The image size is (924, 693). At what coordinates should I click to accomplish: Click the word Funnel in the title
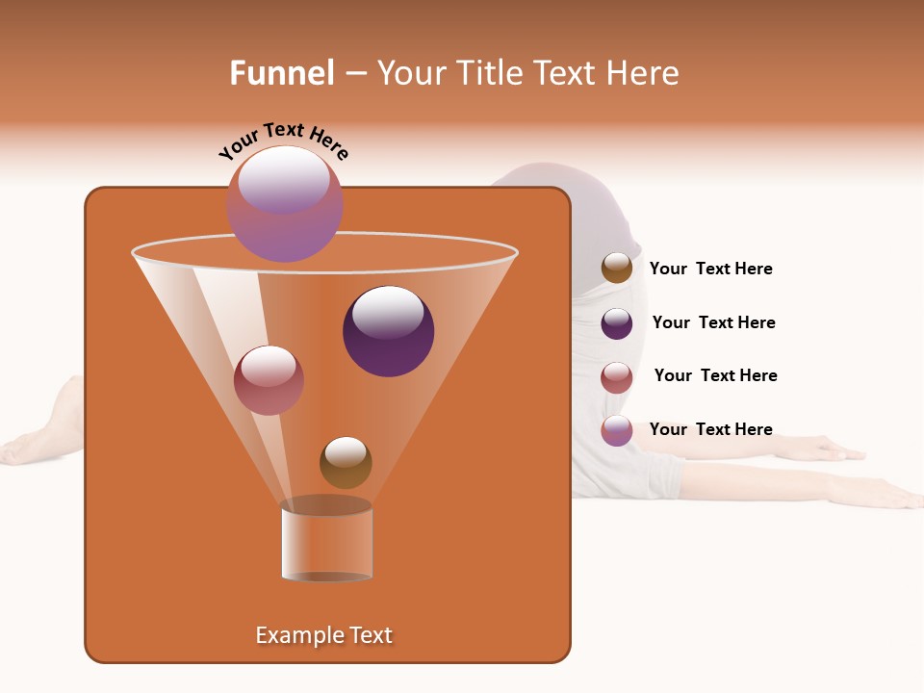[x=281, y=73]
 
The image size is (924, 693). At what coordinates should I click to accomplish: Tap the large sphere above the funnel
[x=284, y=203]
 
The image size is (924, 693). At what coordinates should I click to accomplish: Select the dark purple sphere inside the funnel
[x=388, y=331]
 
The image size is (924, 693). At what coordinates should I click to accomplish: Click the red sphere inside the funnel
[x=269, y=380]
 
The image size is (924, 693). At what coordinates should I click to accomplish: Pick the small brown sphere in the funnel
[x=346, y=463]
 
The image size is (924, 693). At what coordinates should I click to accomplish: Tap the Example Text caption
[x=323, y=635]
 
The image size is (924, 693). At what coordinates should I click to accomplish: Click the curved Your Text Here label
[x=283, y=141]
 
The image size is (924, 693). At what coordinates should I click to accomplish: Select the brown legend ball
[x=617, y=269]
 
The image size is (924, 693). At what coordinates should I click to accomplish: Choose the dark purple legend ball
[x=617, y=323]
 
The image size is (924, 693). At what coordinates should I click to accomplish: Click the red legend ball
[x=617, y=377]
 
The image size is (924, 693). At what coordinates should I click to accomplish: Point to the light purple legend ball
[x=617, y=430]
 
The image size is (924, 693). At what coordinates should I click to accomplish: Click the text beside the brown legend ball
[x=710, y=269]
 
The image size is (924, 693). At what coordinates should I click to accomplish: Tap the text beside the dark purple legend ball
[x=713, y=322]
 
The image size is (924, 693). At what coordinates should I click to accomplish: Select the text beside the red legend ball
[x=715, y=375]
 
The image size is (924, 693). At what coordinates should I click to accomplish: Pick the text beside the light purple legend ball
[x=710, y=429]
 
